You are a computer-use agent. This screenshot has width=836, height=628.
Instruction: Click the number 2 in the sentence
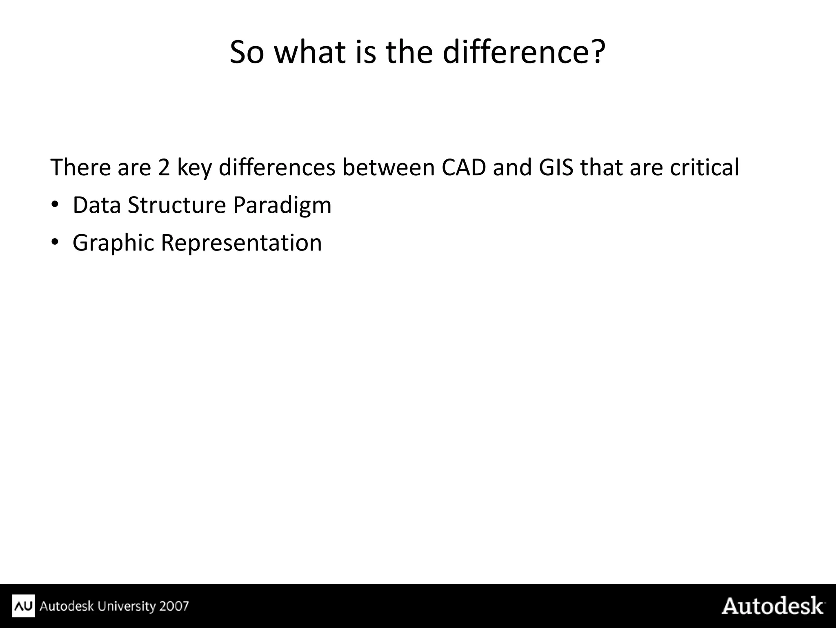coord(164,168)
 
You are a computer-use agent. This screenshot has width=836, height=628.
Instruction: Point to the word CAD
coord(464,168)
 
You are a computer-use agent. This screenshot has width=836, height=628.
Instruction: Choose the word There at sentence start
coord(80,168)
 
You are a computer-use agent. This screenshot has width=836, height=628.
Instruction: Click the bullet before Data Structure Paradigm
coord(55,205)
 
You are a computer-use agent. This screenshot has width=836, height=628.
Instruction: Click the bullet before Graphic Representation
coord(55,242)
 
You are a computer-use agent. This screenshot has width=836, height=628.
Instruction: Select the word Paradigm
coord(282,206)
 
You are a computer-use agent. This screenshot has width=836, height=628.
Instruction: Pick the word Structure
coord(177,205)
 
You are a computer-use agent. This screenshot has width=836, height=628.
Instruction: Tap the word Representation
coord(241,243)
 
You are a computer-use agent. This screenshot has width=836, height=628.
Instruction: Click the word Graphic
coord(113,243)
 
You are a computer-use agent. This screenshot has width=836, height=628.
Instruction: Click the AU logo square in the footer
coord(24,606)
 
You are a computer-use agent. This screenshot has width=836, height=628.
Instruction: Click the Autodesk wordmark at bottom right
coord(773,606)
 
